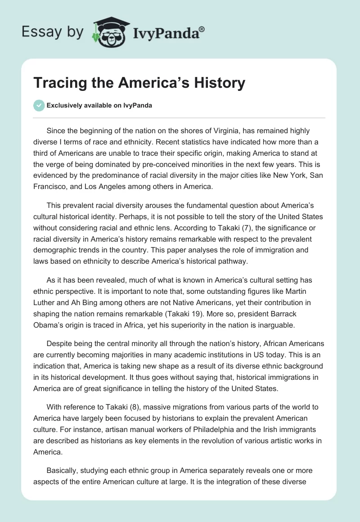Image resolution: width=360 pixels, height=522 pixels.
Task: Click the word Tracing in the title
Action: click(x=63, y=83)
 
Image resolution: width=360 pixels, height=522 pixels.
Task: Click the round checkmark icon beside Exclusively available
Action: click(x=39, y=105)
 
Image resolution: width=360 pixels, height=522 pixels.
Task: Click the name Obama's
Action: click(x=48, y=324)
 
